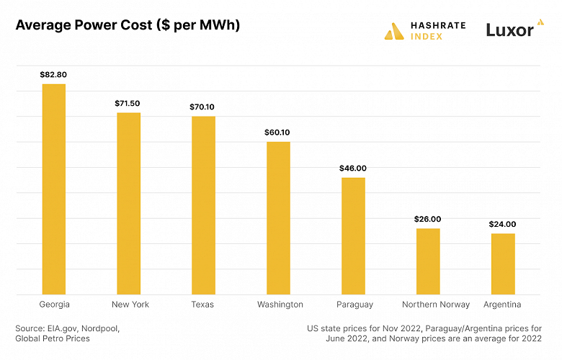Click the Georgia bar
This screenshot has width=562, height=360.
(x=54, y=189)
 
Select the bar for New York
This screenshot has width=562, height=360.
(x=129, y=204)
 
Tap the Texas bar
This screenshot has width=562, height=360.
(x=203, y=205)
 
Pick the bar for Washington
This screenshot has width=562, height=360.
(x=278, y=218)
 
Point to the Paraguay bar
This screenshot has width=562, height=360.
(x=353, y=236)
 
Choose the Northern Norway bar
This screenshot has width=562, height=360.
(x=428, y=261)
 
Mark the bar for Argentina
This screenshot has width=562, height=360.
(x=503, y=264)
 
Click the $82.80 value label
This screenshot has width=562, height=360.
(x=54, y=74)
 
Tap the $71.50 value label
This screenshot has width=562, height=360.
(x=129, y=104)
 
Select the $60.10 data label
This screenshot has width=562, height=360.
(x=278, y=132)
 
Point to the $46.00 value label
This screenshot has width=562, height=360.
(x=353, y=168)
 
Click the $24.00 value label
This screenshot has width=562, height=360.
(x=503, y=224)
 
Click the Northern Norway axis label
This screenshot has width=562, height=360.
(x=436, y=305)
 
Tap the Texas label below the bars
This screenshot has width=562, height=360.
(x=203, y=305)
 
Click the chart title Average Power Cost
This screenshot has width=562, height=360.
(x=128, y=25)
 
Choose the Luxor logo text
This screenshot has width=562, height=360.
(x=509, y=30)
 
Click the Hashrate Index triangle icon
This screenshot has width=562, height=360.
(x=394, y=31)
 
